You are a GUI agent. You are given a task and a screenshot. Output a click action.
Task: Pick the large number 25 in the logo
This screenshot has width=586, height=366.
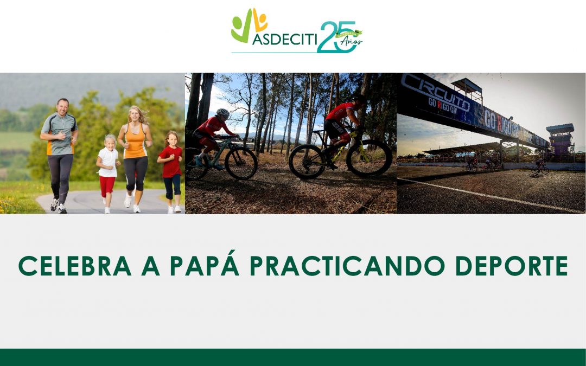336,37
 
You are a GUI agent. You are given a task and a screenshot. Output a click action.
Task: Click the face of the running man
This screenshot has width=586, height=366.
63,106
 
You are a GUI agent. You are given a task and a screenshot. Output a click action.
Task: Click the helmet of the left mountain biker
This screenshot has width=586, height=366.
222,113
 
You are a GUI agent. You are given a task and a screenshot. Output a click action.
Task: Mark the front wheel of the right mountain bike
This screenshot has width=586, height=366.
369,158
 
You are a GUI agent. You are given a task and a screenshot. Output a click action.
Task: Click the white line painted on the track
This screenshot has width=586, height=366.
488,195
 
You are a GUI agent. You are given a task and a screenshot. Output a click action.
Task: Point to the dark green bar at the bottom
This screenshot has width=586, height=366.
293,357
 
